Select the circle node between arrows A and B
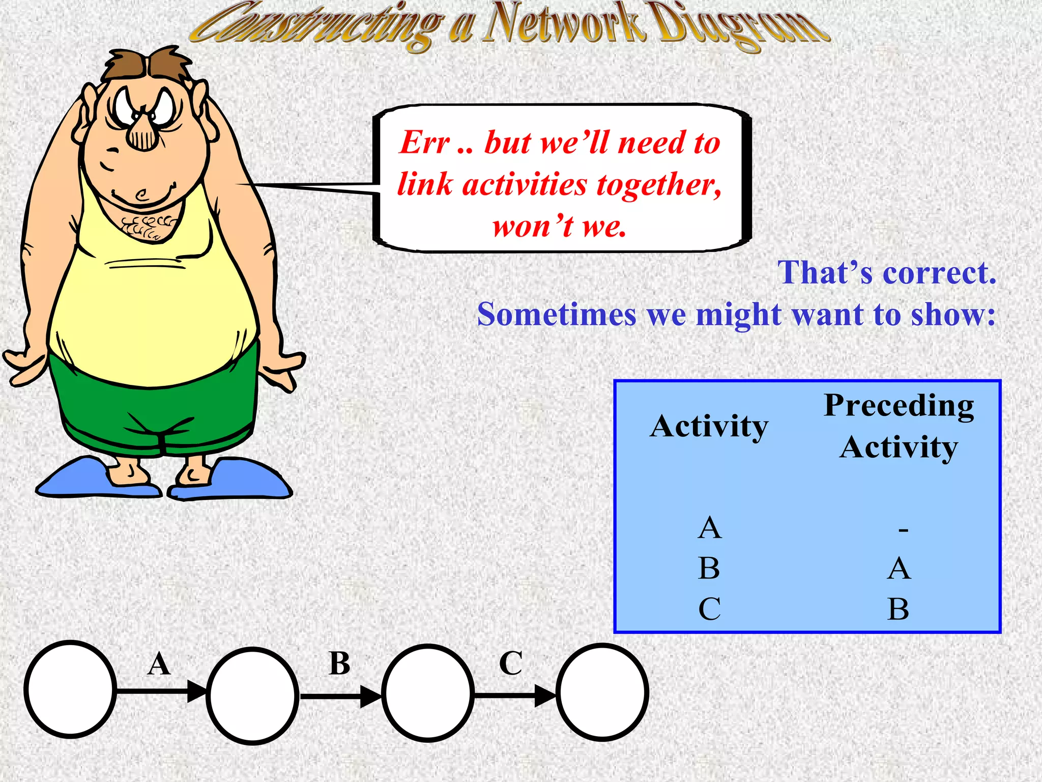[x=252, y=695]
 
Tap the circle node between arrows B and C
[x=428, y=693]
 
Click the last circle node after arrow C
[x=602, y=692]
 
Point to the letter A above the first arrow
[x=159, y=664]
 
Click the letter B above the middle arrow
[x=339, y=663]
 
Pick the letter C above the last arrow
[x=511, y=663]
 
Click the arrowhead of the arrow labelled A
[x=197, y=691]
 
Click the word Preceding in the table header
[x=899, y=406]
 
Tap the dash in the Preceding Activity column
[x=903, y=530]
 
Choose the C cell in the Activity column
[x=709, y=608]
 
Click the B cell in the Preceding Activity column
[x=899, y=609]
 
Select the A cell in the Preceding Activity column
[x=899, y=568]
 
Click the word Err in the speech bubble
[x=424, y=142]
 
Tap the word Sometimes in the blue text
[x=557, y=314]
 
